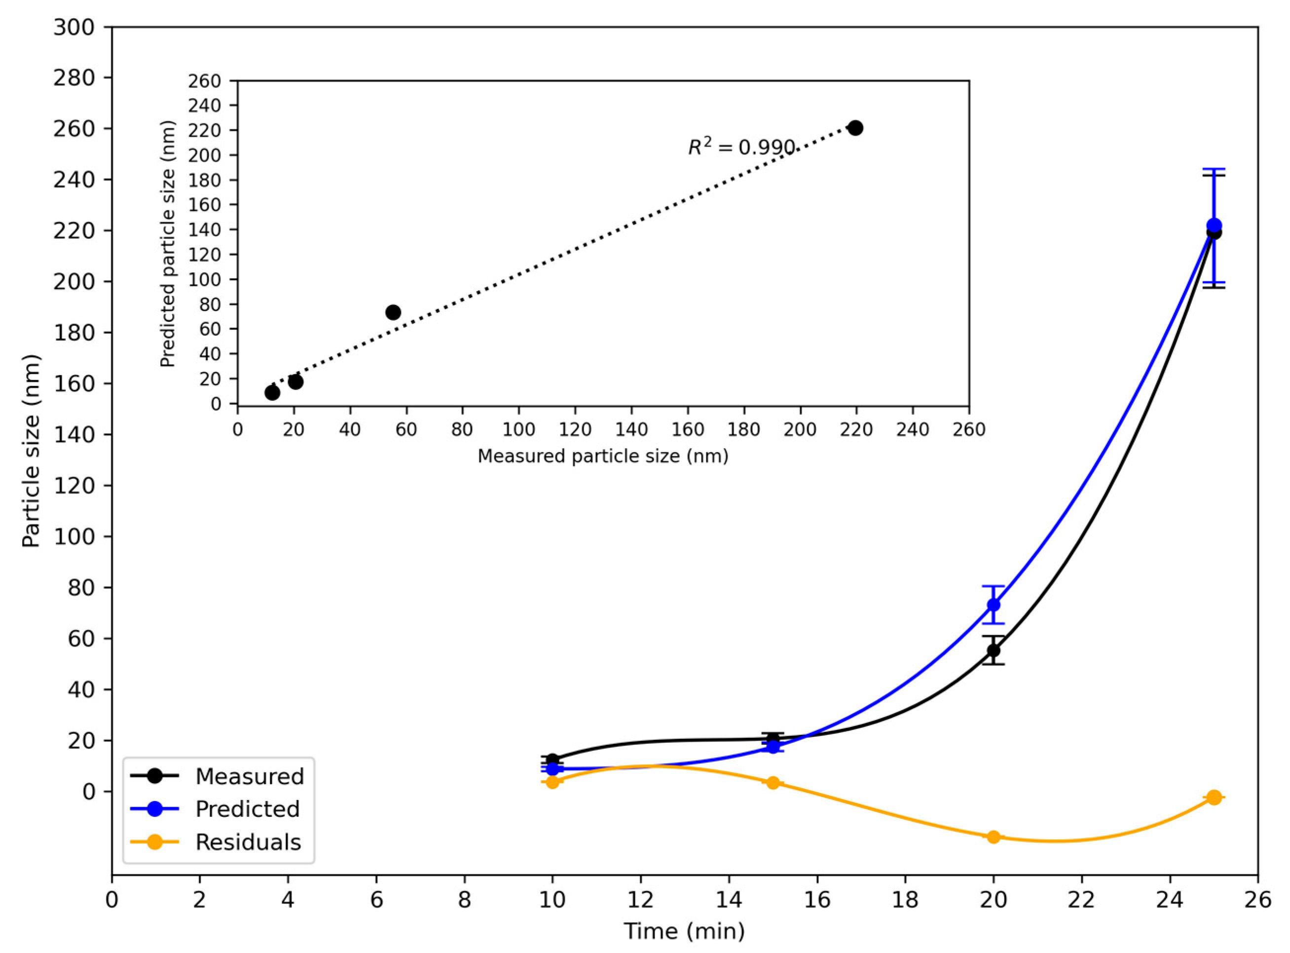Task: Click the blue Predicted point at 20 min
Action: (x=994, y=605)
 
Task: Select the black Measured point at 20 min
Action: (x=994, y=650)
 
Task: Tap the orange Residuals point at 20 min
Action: (x=994, y=837)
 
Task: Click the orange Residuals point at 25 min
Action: (x=1214, y=797)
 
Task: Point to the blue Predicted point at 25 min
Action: (x=1214, y=226)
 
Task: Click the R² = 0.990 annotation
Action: (x=741, y=148)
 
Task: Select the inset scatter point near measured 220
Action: (x=856, y=128)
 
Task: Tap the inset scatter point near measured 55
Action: (x=393, y=312)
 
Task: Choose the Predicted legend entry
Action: (x=247, y=809)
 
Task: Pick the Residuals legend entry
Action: (x=248, y=842)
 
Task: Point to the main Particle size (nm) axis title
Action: (x=31, y=451)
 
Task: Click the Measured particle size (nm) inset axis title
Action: (x=603, y=457)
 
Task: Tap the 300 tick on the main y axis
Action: (x=74, y=27)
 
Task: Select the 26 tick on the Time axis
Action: (x=1258, y=900)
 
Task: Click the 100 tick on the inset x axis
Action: (x=518, y=429)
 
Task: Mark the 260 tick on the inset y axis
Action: (x=205, y=81)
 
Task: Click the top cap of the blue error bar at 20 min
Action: (x=994, y=586)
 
